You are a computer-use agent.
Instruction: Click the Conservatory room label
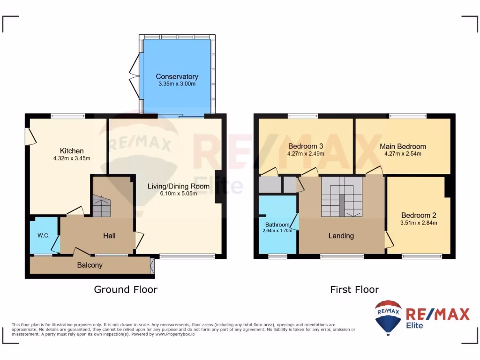pyautogui.click(x=177, y=76)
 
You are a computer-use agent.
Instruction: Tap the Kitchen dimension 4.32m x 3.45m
pyautogui.click(x=72, y=158)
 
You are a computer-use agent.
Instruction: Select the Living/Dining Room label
pyautogui.click(x=179, y=186)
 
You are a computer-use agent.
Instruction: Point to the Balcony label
pyautogui.click(x=90, y=265)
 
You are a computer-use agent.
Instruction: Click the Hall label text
pyautogui.click(x=109, y=236)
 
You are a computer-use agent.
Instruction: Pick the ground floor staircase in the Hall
pyautogui.click(x=101, y=207)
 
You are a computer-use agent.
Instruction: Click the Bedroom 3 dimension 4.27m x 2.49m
pyautogui.click(x=306, y=153)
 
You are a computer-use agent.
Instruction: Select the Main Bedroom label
pyautogui.click(x=403, y=146)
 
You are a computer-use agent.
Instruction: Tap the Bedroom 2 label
pyautogui.click(x=419, y=215)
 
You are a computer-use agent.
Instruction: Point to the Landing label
pyautogui.click(x=341, y=236)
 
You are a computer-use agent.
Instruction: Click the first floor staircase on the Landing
pyautogui.click(x=342, y=196)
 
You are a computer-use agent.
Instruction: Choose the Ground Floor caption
pyautogui.click(x=126, y=290)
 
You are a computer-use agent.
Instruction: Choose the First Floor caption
pyautogui.click(x=354, y=290)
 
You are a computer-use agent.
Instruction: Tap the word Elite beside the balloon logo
pyautogui.click(x=414, y=325)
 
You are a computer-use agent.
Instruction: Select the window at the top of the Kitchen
pyautogui.click(x=68, y=115)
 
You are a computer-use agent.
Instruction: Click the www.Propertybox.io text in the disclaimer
pyautogui.click(x=174, y=334)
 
